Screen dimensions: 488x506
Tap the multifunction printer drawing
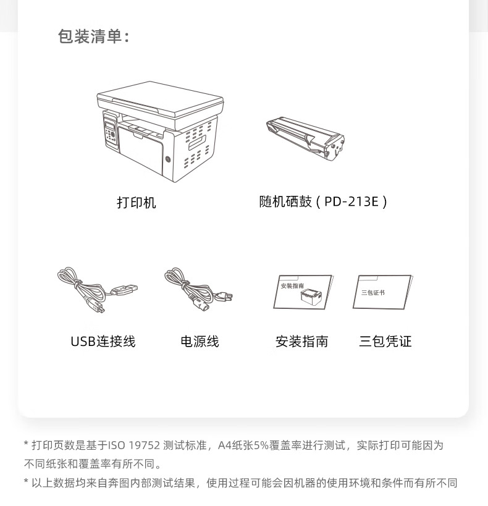pyautogui.click(x=160, y=132)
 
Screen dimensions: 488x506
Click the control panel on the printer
pyautogui.click(x=111, y=132)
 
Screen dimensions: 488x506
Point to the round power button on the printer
pyautogui.click(x=168, y=159)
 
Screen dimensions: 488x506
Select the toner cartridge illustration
pyautogui.click(x=305, y=138)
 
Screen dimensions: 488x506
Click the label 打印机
pyautogui.click(x=136, y=203)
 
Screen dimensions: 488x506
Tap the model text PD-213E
pyautogui.click(x=351, y=201)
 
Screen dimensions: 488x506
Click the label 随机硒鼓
pyautogui.click(x=285, y=201)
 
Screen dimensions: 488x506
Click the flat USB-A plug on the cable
pyautogui.click(x=125, y=290)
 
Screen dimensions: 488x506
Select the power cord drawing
pyautogui.click(x=198, y=289)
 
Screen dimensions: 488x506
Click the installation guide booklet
pyautogui.click(x=303, y=292)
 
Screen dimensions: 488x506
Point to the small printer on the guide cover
pyautogui.click(x=311, y=297)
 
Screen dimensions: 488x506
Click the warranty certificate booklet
pyautogui.click(x=383, y=292)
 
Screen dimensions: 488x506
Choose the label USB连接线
pyautogui.click(x=103, y=342)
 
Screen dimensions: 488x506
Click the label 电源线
pyautogui.click(x=200, y=342)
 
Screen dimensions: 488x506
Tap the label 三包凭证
pyautogui.click(x=385, y=342)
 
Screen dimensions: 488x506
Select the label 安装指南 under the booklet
pyautogui.click(x=302, y=342)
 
